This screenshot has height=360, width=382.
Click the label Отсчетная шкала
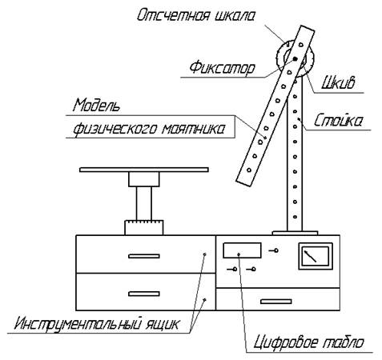195,15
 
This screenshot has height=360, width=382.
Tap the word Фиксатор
222,68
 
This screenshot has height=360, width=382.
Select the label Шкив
338,82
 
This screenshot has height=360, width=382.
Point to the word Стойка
338,120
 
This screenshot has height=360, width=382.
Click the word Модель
96,105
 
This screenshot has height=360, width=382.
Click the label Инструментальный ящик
96,324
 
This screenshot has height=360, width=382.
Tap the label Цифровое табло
308,342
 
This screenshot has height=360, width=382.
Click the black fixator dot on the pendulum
295,58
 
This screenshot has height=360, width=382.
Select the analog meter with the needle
316,256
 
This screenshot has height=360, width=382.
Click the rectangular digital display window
242,250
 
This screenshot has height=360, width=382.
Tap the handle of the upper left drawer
144,256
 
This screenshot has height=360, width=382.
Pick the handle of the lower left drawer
144,294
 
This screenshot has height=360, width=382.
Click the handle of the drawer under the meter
275,302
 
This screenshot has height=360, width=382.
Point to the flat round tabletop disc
144,170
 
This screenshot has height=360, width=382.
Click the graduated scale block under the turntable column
144,227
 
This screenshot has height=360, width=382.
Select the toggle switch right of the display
273,250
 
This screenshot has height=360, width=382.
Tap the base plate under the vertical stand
295,233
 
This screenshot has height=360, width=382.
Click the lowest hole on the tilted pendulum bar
249,170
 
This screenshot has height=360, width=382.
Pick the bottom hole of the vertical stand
295,217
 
